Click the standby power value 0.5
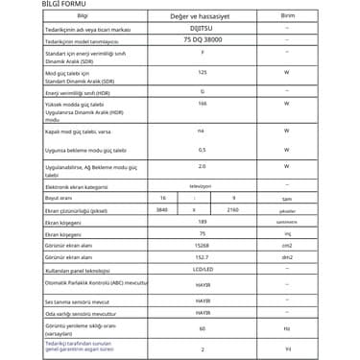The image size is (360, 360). [201, 151]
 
